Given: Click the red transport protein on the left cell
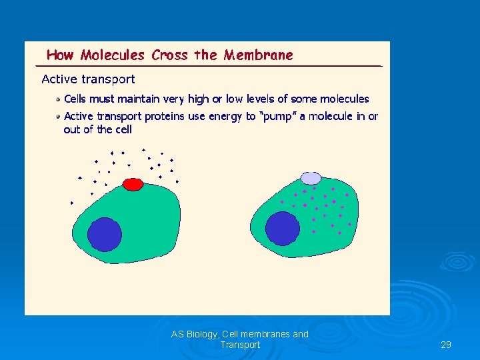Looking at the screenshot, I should (x=133, y=183).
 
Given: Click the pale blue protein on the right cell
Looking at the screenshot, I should (x=311, y=178).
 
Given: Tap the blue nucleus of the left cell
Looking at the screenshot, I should (x=105, y=234).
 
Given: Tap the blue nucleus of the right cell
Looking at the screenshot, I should (x=283, y=229).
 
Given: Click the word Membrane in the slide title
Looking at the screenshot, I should (x=258, y=55).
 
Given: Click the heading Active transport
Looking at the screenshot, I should (x=88, y=79).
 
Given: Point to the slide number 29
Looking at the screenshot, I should (x=446, y=345).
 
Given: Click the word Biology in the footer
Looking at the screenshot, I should (x=201, y=334).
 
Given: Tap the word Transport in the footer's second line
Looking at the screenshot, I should (x=240, y=345).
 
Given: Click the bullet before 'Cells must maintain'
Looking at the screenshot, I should (x=59, y=99).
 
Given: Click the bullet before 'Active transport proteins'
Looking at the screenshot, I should (x=59, y=116).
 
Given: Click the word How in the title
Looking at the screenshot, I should (x=60, y=55).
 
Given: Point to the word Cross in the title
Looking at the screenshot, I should (x=170, y=55).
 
